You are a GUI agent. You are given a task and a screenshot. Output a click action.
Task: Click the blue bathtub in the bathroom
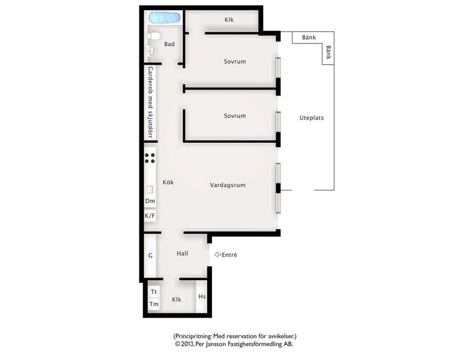coord(165,18)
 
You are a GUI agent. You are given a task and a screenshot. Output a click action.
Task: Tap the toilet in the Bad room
coord(154,36)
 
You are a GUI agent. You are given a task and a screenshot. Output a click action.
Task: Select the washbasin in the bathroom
coord(152,51)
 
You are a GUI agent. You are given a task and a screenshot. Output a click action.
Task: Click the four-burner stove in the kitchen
coord(150,158)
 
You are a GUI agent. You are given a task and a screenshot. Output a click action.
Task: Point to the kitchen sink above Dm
coord(150,189)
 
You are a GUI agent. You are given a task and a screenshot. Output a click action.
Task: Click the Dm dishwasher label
coord(150,201)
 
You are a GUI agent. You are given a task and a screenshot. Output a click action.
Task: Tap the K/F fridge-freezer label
coord(150,216)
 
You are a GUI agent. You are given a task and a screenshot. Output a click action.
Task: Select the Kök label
coord(168,182)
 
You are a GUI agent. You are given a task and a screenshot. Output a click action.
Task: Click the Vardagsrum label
coord(228,185)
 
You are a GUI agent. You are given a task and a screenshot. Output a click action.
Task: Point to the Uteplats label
coord(311,118)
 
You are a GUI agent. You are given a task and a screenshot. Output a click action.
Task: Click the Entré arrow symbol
coord(218,255)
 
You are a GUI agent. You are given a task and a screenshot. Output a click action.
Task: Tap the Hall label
coord(183,254)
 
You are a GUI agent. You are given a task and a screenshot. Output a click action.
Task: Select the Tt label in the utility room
coord(154,292)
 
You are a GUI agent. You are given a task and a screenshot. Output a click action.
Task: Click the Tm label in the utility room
coord(154,304)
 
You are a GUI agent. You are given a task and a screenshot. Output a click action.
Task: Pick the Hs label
coord(202,296)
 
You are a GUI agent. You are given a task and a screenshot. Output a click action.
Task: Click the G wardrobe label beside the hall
coord(151,255)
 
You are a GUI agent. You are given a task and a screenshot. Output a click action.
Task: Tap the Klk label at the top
coord(229,20)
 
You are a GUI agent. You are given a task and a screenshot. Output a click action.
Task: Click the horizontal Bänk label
coord(309,37)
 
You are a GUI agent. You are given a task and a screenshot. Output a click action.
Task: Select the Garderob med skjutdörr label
coord(151,102)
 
